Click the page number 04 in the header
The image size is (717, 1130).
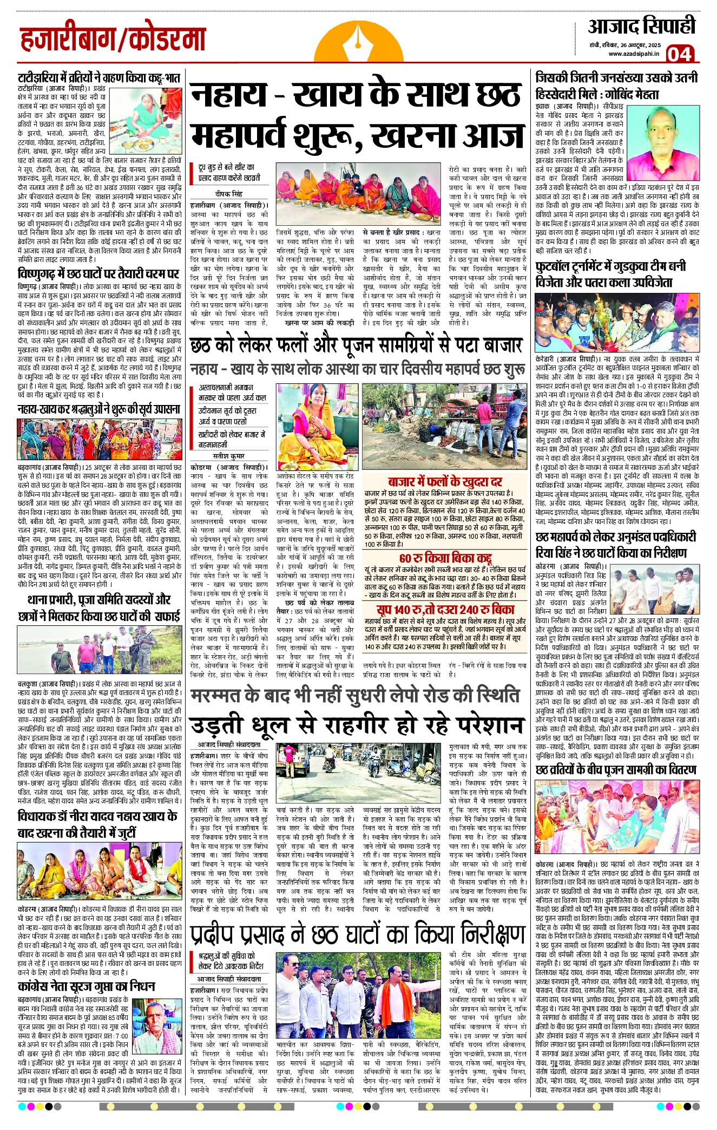pos(679,54)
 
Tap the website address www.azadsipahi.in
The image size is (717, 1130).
pos(633,54)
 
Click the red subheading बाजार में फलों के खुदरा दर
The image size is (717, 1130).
pos(445,482)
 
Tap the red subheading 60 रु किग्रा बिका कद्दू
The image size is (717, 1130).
pos(445,558)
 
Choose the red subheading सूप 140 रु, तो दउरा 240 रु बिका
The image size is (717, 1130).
pos(445,608)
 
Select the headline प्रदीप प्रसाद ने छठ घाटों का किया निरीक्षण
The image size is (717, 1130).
pos(358,935)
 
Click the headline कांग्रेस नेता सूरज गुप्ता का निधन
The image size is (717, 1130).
pos(87,985)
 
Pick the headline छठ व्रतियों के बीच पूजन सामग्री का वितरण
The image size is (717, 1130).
pos(616,769)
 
